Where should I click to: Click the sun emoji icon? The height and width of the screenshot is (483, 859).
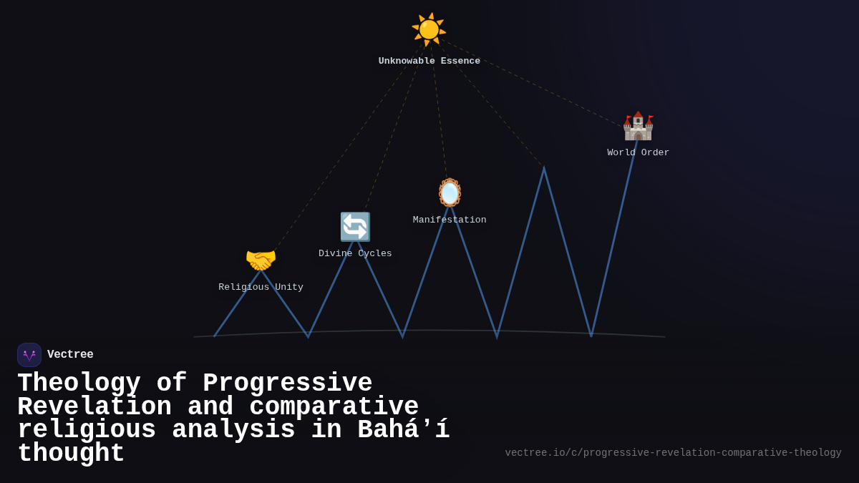point(429,29)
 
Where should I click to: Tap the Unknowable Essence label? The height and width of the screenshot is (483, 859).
point(429,62)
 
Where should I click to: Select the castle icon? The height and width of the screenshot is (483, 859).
point(638,126)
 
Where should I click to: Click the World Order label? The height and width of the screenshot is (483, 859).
point(638,153)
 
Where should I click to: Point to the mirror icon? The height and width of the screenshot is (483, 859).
point(450,192)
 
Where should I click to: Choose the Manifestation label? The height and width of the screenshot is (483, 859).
point(450,220)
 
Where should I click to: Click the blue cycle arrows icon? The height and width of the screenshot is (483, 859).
point(355,227)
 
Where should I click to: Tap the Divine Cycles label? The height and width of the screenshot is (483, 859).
point(355,254)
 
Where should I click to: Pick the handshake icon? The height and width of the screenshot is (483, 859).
point(261,260)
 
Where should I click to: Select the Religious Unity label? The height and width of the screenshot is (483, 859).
point(261,288)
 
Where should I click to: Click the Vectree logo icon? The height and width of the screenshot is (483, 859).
point(29,355)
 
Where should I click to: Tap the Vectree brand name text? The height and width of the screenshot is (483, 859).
point(70,355)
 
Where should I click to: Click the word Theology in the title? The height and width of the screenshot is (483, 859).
point(79,384)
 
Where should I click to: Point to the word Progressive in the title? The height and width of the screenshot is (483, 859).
point(288,384)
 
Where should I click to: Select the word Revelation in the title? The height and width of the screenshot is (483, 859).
point(94,407)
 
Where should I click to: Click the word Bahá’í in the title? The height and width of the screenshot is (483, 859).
point(403,430)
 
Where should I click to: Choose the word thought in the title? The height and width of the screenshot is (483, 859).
point(71,454)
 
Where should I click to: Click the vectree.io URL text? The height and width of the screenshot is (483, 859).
point(673,453)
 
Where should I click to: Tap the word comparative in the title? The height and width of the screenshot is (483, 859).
point(334,407)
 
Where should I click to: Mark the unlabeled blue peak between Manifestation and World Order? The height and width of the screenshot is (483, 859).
point(544,170)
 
